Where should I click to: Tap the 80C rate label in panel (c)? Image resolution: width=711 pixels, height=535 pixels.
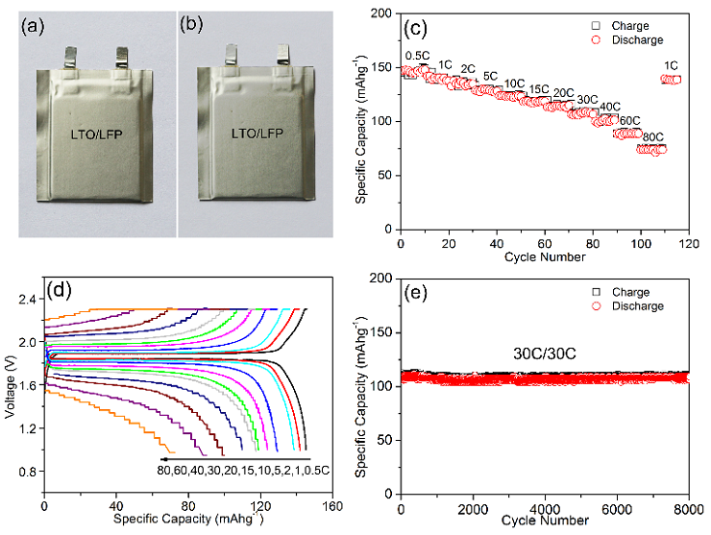pyautogui.click(x=653, y=136)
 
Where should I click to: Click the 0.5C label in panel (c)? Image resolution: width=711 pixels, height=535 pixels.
pyautogui.click(x=417, y=56)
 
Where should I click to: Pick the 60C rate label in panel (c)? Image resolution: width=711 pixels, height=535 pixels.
pyautogui.click(x=630, y=120)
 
